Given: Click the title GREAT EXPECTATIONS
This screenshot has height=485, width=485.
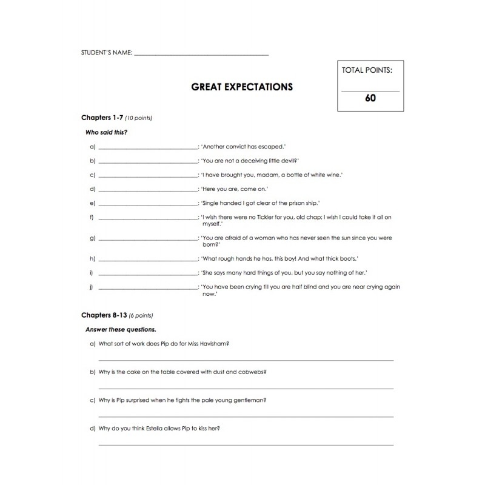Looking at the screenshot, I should coord(242,87).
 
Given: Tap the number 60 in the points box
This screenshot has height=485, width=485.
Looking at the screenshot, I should coord(370,97).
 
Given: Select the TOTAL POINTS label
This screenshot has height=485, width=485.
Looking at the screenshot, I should coord(367,70).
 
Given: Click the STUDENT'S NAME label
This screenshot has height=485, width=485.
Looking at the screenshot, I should coord(106,53).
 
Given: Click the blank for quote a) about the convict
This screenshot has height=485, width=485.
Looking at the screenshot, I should coord(147,148).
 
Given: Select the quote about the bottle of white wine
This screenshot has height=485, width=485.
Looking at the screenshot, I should coord(272,175).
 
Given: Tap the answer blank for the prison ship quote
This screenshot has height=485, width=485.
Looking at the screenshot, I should coord(147,202).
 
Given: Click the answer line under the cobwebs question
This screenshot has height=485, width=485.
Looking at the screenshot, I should coord(246,387).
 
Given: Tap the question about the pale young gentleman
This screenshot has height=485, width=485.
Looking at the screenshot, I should coord(182,400).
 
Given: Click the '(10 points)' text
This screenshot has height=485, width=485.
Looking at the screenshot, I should coord(138,118).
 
